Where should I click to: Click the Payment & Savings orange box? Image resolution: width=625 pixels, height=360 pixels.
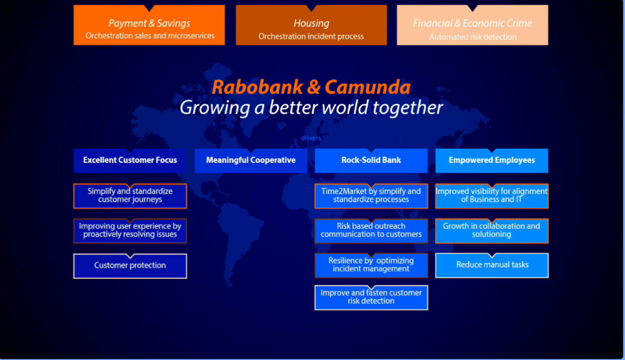click(x=149, y=25)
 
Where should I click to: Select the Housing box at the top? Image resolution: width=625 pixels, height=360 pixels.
click(x=311, y=25)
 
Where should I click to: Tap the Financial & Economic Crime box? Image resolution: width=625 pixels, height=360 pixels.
click(x=472, y=25)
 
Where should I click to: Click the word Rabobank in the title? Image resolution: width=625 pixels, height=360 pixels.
click(x=257, y=87)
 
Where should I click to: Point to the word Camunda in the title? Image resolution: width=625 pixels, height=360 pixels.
click(x=367, y=87)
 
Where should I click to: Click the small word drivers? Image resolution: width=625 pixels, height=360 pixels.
click(x=311, y=138)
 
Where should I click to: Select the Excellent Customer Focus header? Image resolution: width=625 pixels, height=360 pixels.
click(x=130, y=160)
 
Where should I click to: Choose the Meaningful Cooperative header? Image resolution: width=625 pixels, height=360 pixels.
click(x=251, y=160)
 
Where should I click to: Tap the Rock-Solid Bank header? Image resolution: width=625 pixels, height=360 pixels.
click(x=371, y=160)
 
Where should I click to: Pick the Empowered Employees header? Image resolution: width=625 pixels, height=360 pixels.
click(x=492, y=160)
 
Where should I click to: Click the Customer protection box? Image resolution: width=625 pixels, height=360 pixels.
click(x=130, y=266)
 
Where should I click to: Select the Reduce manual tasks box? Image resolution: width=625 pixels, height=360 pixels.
click(x=492, y=265)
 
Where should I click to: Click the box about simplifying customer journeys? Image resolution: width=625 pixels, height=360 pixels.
click(x=130, y=196)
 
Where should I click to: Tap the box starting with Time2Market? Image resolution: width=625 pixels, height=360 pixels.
click(x=371, y=196)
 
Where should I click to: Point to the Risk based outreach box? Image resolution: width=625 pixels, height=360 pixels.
click(x=371, y=231)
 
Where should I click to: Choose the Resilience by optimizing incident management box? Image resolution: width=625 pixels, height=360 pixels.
click(x=371, y=265)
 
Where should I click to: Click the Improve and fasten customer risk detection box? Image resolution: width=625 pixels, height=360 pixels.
click(x=371, y=297)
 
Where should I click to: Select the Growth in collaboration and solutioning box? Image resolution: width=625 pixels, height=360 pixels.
click(x=492, y=231)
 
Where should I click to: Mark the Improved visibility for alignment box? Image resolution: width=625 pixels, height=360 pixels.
click(x=492, y=196)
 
